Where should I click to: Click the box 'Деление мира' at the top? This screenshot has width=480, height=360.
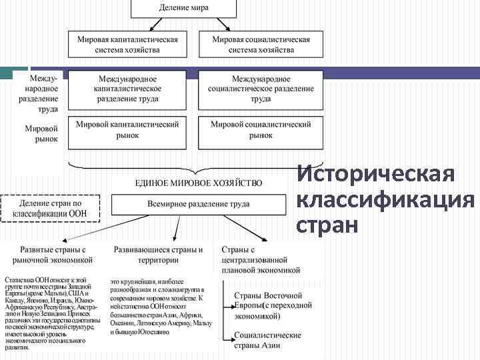(x=183, y=8)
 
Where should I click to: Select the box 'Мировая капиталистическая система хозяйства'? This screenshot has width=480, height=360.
(x=128, y=44)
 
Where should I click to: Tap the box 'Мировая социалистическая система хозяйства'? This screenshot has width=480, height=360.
(x=261, y=44)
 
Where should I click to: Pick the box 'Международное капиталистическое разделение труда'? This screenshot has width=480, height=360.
(x=127, y=89)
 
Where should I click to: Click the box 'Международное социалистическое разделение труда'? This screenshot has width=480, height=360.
(x=261, y=89)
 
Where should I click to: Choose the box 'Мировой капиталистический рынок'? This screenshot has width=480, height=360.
(x=128, y=130)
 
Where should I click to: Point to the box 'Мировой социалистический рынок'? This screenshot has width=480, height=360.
(x=261, y=130)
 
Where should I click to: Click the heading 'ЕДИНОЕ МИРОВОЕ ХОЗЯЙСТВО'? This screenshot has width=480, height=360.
(x=199, y=182)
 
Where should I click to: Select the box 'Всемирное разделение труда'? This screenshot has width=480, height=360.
(x=199, y=204)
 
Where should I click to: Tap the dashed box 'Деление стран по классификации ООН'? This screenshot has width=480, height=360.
(x=51, y=208)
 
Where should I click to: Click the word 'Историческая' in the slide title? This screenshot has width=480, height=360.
(x=376, y=174)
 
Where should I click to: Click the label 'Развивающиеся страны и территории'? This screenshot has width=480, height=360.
(x=159, y=254)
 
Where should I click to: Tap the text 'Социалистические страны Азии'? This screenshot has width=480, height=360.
(x=267, y=341)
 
